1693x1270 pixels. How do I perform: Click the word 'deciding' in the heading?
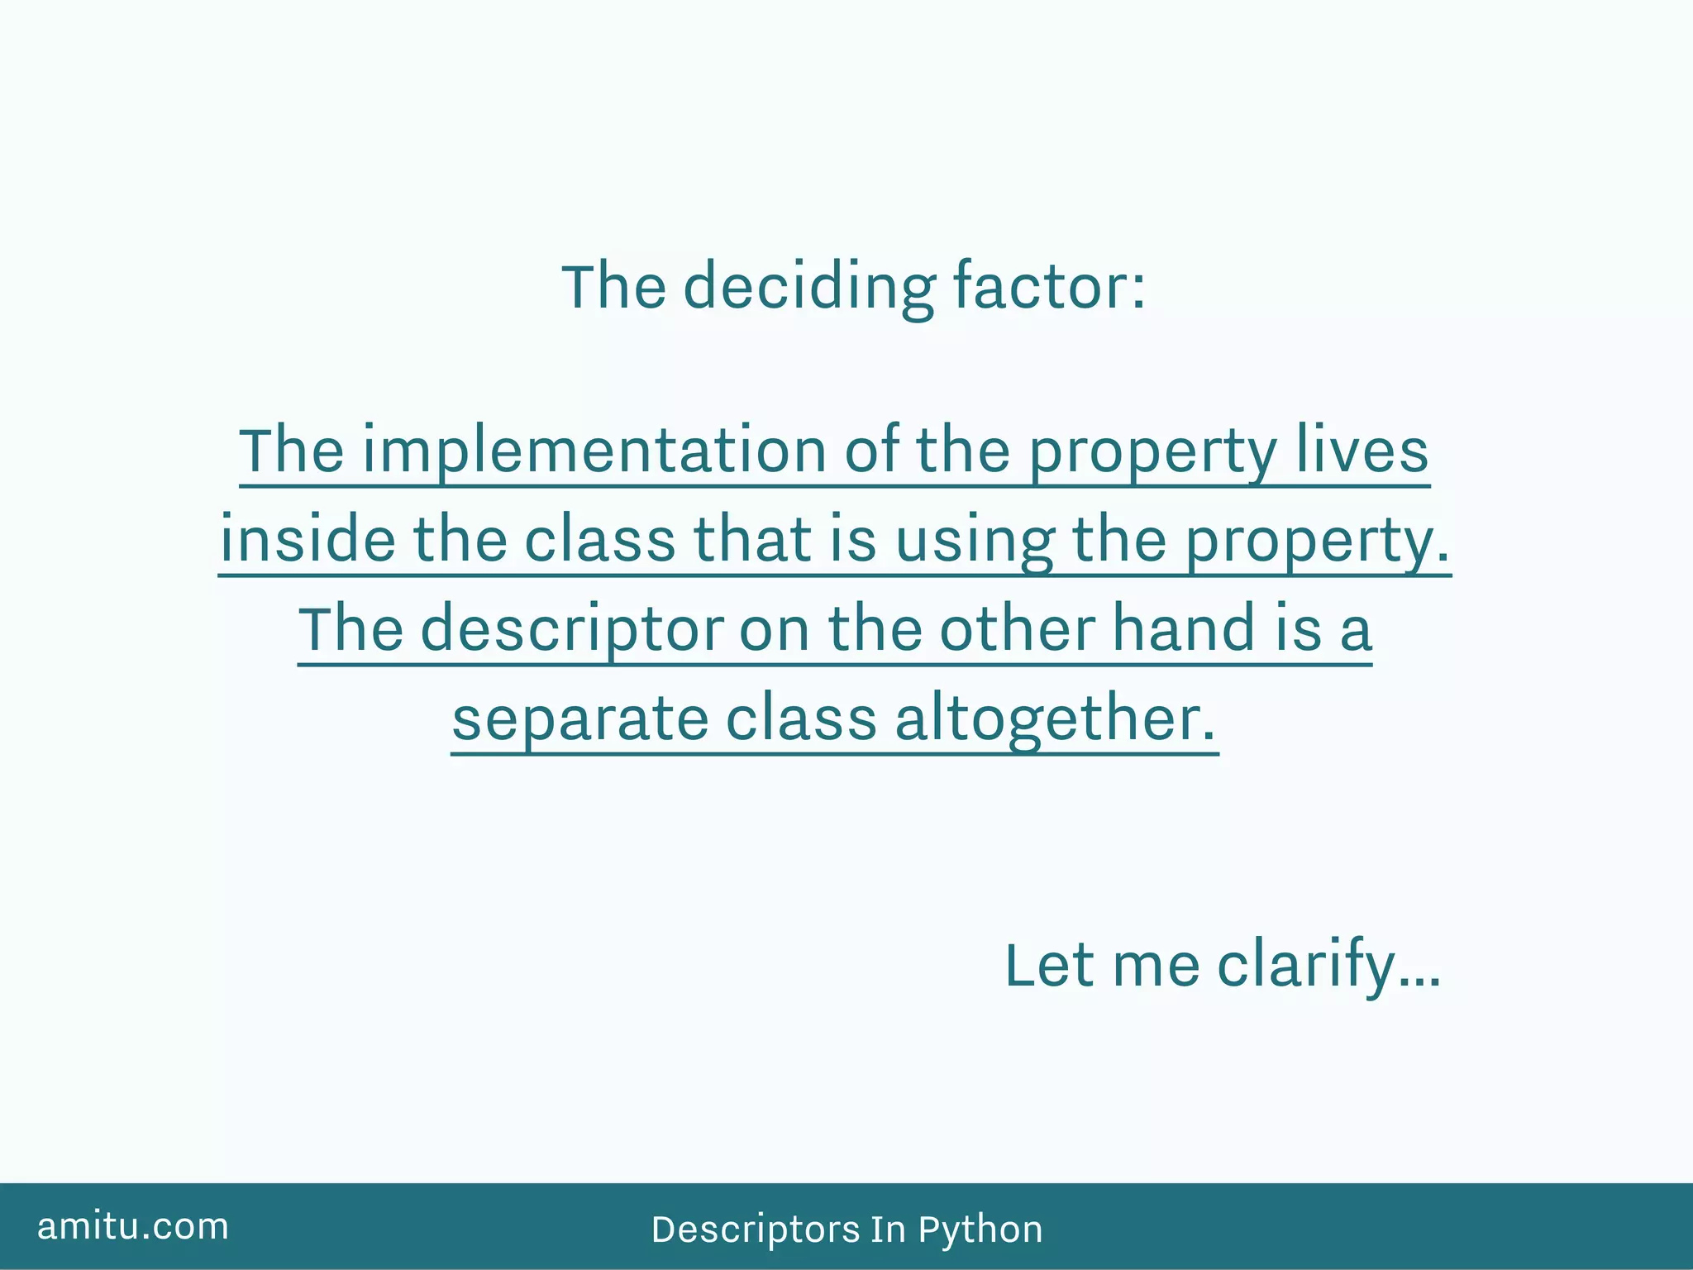pyautogui.click(x=808, y=287)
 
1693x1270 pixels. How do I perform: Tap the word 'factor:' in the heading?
pyautogui.click(x=1049, y=287)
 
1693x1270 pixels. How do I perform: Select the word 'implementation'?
pyautogui.click(x=594, y=451)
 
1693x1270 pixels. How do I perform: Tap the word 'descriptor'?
pyautogui.click(x=572, y=630)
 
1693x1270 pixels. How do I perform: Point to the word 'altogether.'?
pyautogui.click(x=1056, y=719)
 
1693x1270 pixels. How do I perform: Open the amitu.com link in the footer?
pyautogui.click(x=133, y=1226)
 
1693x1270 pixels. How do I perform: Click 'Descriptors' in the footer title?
pyautogui.click(x=756, y=1229)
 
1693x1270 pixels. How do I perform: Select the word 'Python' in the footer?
pyautogui.click(x=980, y=1229)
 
